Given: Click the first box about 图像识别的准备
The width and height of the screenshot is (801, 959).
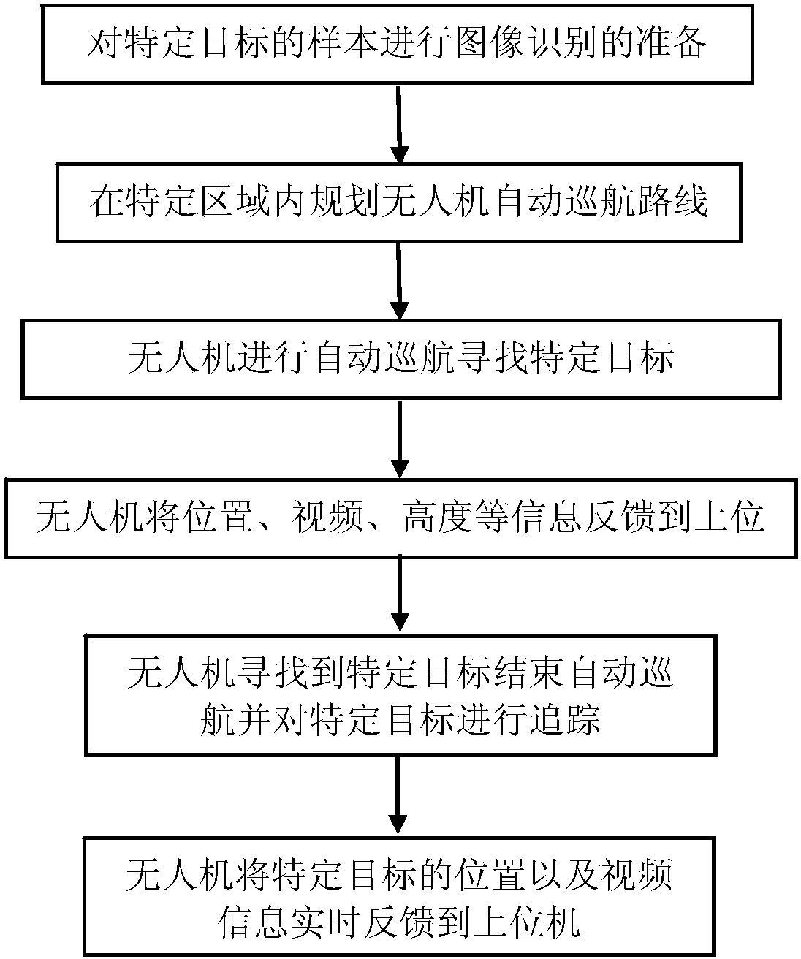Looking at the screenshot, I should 399,45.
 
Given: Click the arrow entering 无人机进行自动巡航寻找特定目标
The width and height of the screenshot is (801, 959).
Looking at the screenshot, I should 399,281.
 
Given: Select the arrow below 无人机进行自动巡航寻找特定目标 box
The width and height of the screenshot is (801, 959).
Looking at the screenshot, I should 399,439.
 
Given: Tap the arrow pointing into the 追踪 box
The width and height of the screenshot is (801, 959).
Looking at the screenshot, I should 399,596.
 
